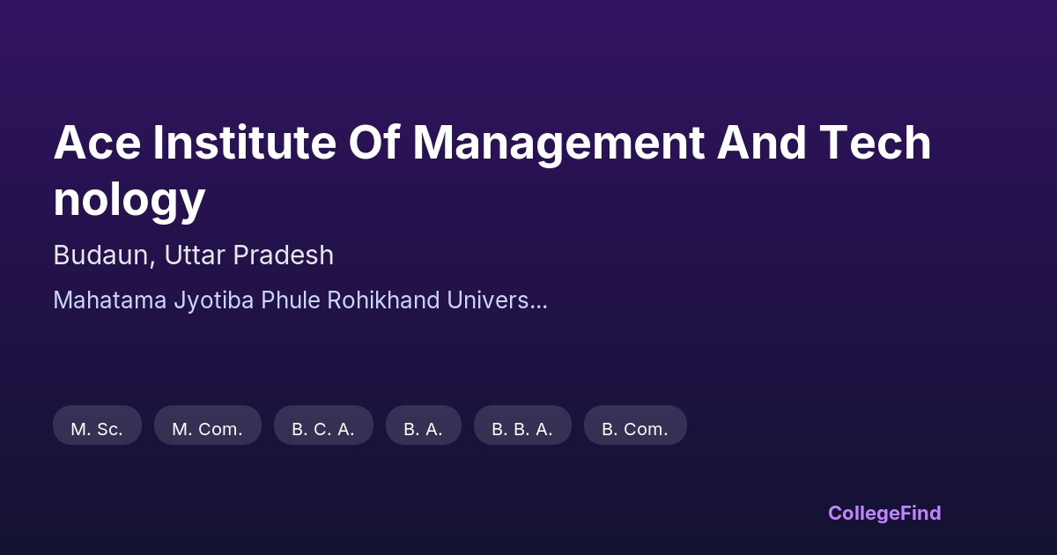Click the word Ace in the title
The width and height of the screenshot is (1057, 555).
97,142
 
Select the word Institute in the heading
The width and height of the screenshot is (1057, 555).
245,142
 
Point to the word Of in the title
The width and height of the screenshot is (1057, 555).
374,142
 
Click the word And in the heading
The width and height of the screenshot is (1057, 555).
762,142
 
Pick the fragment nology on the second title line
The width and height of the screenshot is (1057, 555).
129,200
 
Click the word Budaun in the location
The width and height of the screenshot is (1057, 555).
104,255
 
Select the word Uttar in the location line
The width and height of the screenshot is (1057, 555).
195,255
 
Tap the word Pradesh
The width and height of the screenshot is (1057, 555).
283,255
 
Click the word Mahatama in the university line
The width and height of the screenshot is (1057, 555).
110,300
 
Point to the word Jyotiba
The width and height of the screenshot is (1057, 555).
214,301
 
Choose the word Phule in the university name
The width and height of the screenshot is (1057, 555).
291,300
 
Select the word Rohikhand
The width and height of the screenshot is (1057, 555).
384,300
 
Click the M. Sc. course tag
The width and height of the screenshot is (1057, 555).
97,425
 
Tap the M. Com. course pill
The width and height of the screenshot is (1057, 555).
208,425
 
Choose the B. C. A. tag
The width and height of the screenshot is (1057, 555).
324,425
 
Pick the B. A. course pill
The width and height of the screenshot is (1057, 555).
424,425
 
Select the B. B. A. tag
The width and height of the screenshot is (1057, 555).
523,425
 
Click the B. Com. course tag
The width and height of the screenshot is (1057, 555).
636,425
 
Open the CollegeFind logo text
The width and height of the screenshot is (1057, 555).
884,514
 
